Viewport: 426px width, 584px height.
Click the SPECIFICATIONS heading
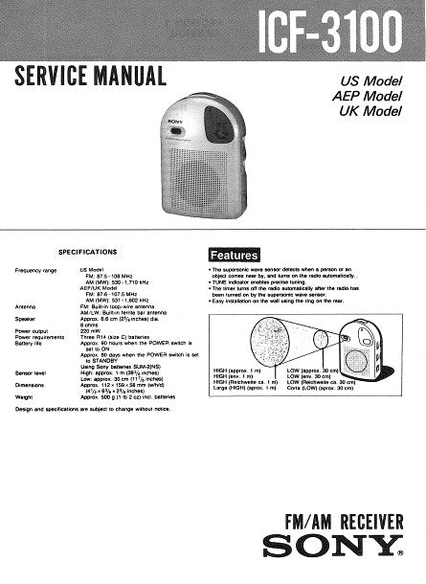[87, 251]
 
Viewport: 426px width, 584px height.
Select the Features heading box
[235, 255]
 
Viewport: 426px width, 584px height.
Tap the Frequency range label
[35, 271]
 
